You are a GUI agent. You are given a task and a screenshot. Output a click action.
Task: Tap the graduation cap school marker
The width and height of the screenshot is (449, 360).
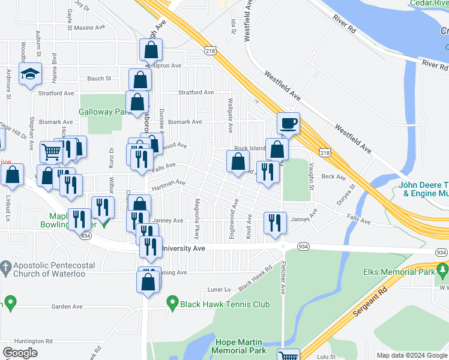tap(30, 74)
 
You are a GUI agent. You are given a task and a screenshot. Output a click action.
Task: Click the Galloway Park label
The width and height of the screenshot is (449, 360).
tap(105, 112)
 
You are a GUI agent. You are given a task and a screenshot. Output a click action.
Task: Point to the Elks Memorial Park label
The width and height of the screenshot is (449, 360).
tap(397, 272)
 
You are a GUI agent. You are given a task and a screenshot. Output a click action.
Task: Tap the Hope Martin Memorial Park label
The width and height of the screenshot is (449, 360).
tap(240, 346)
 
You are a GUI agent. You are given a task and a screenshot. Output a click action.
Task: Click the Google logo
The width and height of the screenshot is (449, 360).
tap(20, 353)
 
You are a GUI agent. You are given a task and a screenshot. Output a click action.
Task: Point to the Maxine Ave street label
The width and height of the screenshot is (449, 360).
tap(89, 28)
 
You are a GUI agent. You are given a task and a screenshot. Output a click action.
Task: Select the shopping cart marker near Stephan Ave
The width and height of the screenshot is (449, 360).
tap(51, 152)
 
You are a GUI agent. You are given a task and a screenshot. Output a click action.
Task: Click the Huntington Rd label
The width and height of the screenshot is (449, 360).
tap(32, 341)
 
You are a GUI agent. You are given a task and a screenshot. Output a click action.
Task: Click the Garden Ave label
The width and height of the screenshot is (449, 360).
tap(67, 307)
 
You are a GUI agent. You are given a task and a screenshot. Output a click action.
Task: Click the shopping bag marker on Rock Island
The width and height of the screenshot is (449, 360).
tap(277, 149)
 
